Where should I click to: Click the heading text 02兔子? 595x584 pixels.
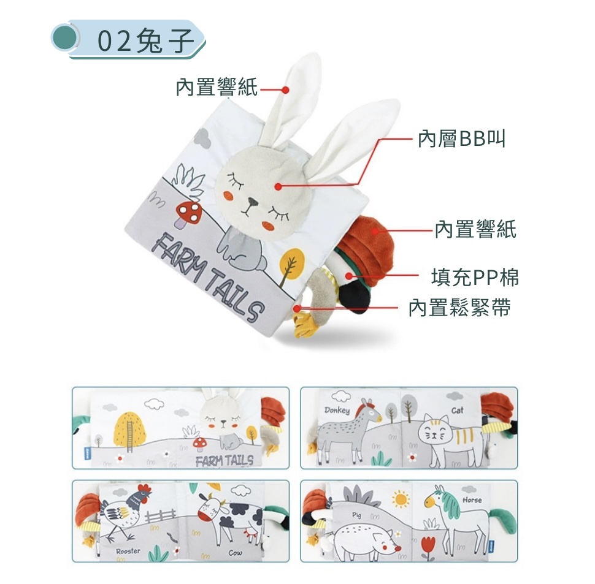[146, 40]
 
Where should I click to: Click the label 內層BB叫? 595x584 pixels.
[461, 138]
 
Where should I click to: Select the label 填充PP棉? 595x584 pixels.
[475, 277]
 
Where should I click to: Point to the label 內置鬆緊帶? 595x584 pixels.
[459, 307]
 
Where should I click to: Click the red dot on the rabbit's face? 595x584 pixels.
[278, 186]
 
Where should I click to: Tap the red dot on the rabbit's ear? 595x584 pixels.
[286, 90]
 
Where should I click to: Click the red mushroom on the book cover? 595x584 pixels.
[188, 214]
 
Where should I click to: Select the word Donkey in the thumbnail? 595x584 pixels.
[337, 410]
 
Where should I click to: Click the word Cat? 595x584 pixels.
[457, 410]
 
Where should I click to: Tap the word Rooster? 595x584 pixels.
[128, 552]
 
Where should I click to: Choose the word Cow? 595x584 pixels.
[236, 553]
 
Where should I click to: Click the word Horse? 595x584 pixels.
[472, 500]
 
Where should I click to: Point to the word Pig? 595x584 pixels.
[357, 515]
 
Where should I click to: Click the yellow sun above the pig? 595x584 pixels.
[401, 499]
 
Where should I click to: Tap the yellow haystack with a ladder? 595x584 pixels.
[130, 430]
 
